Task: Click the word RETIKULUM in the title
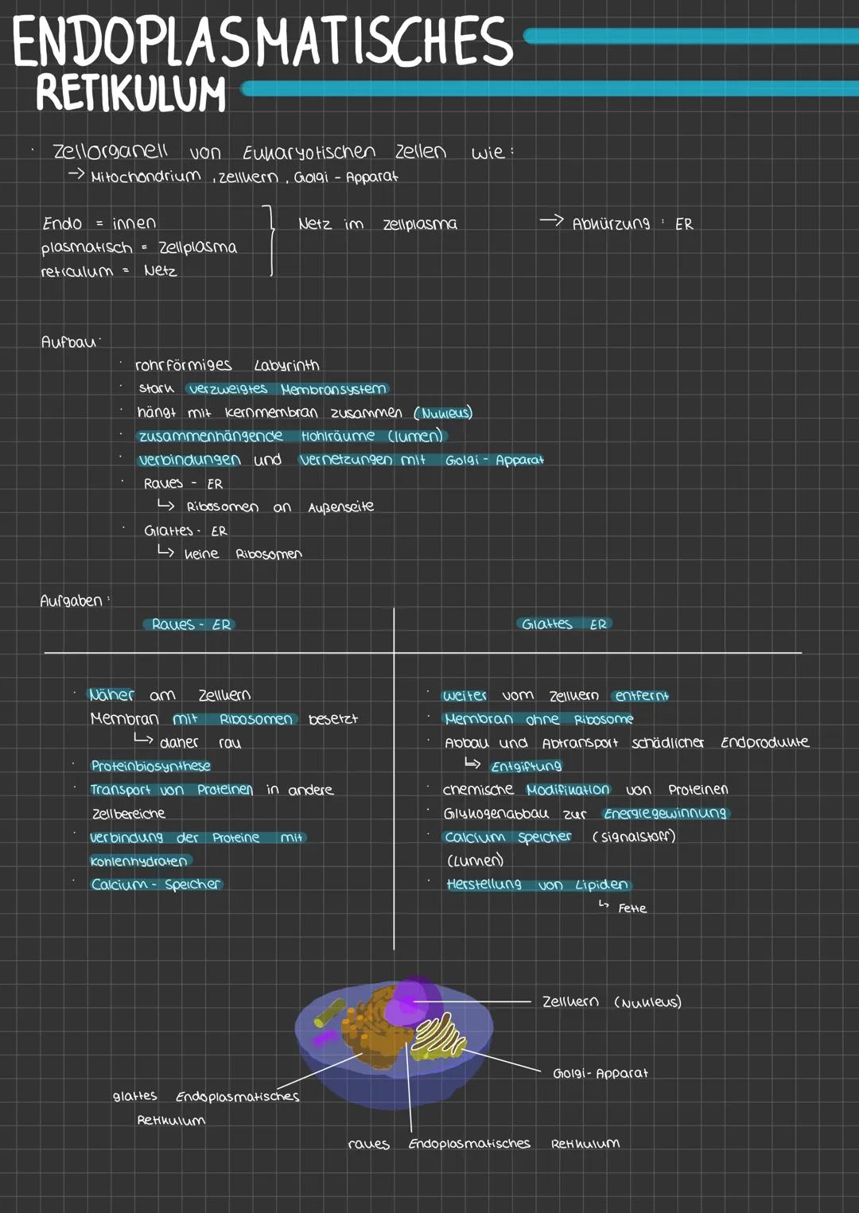tap(131, 93)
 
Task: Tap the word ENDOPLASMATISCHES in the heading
tap(262, 42)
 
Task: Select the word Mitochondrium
tap(146, 177)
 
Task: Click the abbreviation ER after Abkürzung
tap(684, 224)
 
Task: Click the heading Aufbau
tap(68, 342)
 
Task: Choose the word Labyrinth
tap(286, 365)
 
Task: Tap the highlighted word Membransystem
tap(333, 389)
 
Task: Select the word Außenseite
tap(340, 507)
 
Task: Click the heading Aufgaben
tap(72, 601)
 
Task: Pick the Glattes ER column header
tap(564, 624)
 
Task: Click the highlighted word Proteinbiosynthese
tap(151, 766)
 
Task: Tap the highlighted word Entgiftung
tap(527, 766)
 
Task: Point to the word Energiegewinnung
tap(665, 813)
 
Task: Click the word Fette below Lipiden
tap(632, 908)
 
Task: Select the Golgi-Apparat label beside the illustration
tap(601, 1073)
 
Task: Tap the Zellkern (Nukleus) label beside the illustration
tap(611, 1002)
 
